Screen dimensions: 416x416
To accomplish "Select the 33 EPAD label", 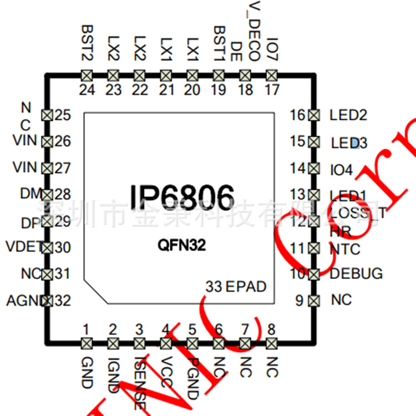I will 236,287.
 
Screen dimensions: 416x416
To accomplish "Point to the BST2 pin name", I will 87,43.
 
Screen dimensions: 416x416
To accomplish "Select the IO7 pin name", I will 272,49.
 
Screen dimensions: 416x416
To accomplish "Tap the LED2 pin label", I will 348,115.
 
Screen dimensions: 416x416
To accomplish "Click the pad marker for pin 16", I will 313,115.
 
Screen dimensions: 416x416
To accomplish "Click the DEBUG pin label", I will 356,273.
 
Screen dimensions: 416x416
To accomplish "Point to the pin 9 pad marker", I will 313,301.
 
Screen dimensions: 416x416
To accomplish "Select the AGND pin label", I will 25,301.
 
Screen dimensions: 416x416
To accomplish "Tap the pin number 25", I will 63,115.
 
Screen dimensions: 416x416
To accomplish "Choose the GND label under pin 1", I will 87,372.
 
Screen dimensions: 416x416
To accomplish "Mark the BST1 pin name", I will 219,43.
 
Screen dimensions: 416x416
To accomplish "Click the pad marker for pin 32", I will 47,301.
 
